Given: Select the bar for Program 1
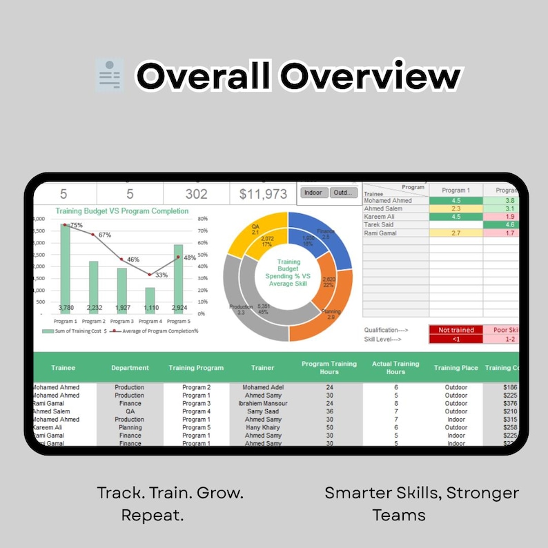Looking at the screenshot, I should (x=65, y=269).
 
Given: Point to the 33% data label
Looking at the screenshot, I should (x=161, y=275).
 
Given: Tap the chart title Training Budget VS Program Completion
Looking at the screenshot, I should (x=122, y=211).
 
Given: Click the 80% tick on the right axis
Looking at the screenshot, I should (x=202, y=219).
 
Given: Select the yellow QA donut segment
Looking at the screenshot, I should (x=255, y=231).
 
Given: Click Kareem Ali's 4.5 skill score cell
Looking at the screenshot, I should (x=456, y=217).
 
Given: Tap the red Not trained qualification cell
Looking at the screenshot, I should (x=456, y=330).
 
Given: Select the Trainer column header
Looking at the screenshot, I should (x=262, y=368).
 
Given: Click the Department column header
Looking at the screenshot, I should (x=130, y=368).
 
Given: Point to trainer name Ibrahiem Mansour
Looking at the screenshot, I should (x=263, y=404).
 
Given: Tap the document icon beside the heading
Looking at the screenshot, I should (x=109, y=75).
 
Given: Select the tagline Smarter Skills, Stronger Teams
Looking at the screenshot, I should (x=422, y=503).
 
